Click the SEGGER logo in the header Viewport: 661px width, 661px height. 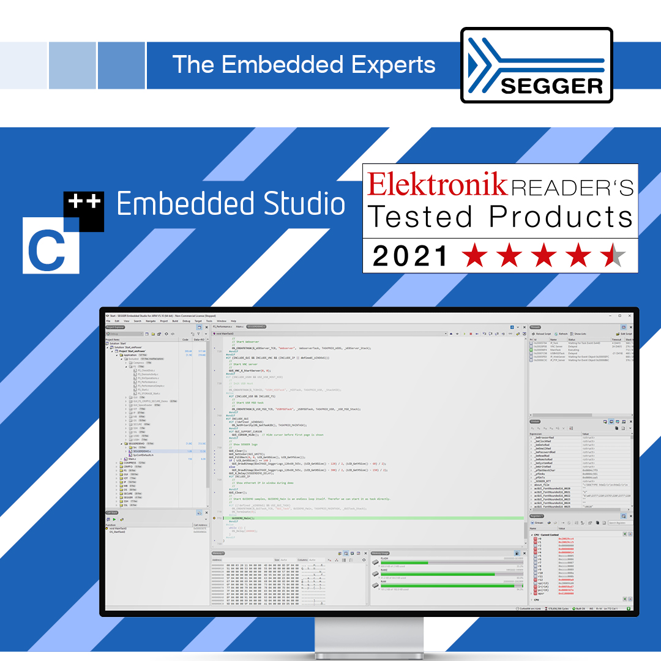click(x=536, y=65)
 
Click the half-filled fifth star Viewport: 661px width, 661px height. click(x=612, y=256)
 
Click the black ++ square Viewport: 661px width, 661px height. click(x=84, y=212)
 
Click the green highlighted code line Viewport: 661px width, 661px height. click(x=367, y=518)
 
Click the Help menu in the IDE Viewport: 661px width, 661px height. click(x=233, y=321)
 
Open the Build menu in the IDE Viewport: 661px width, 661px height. click(x=175, y=321)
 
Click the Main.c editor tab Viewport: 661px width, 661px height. click(x=239, y=327)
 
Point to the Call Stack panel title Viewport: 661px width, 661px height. click(x=113, y=513)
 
